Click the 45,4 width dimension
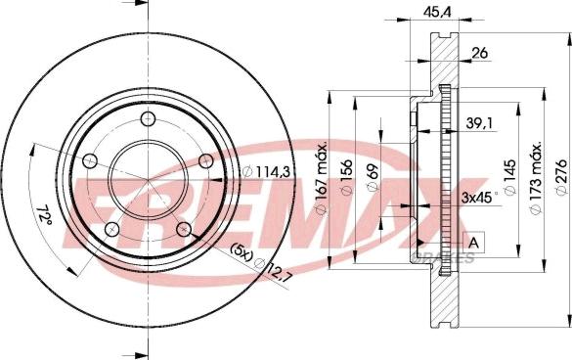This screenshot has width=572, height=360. [437, 12]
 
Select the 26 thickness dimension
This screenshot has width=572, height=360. [480, 53]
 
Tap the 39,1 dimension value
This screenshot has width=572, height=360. [479, 124]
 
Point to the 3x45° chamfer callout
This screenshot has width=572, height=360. [479, 198]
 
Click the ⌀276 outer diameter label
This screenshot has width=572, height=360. [561, 177]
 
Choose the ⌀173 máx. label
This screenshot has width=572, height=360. [536, 178]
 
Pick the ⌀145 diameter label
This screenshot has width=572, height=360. [509, 177]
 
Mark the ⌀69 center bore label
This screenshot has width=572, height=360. [373, 177]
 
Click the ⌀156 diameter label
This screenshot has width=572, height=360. [346, 177]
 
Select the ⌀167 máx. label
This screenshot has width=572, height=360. [321, 179]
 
